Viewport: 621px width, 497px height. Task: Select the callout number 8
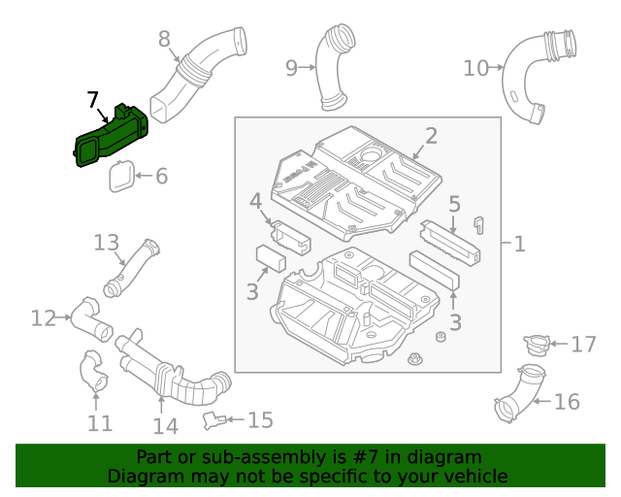(x=164, y=39)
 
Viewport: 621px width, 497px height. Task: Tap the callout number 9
(x=291, y=67)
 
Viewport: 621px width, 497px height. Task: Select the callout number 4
(x=255, y=201)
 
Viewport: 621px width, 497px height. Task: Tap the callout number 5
(x=453, y=204)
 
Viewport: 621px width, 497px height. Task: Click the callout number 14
(x=165, y=425)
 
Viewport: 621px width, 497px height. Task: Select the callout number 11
(x=100, y=422)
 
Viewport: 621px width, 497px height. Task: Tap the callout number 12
(x=43, y=317)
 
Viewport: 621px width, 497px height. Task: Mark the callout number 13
(x=105, y=242)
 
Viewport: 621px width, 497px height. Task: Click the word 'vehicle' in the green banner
(x=474, y=476)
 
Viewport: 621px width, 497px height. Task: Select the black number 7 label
(x=92, y=99)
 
